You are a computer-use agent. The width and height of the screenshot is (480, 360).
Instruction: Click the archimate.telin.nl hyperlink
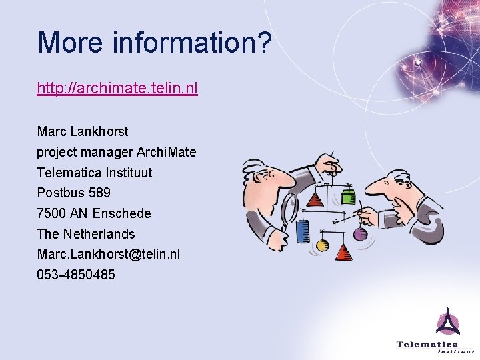coord(117,88)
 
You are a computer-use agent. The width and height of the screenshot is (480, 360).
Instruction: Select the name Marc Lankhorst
coord(83,131)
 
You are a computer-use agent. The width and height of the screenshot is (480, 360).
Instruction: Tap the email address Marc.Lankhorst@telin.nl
coord(108,255)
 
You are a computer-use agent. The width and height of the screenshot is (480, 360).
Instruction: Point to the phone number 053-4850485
coord(76,275)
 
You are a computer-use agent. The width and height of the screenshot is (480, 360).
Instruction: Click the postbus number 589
coord(99,193)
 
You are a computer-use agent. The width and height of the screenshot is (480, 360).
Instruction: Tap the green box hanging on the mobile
coord(348,196)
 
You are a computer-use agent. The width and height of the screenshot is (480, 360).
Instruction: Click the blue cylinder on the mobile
coord(303,231)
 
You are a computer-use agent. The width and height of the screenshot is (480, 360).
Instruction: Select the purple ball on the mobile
coord(360,234)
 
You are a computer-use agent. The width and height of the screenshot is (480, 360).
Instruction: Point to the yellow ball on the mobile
coord(323,245)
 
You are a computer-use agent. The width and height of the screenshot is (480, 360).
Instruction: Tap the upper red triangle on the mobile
coord(315,199)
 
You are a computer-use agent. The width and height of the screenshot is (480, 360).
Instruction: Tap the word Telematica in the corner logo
coord(427,345)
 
